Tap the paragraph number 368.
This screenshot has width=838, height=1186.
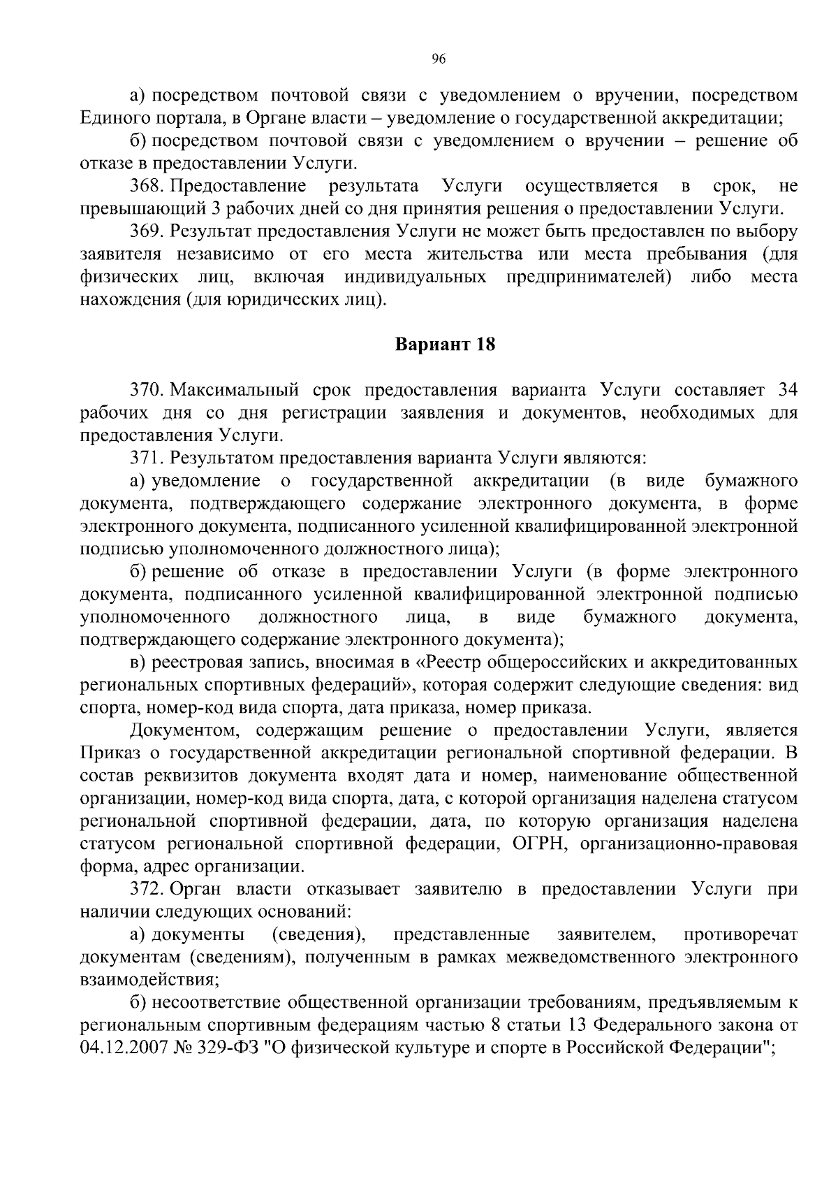(146, 186)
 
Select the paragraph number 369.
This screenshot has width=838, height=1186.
(146, 231)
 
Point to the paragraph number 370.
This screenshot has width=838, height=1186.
(146, 390)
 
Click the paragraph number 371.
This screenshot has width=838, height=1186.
(146, 458)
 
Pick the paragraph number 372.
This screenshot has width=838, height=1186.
(146, 889)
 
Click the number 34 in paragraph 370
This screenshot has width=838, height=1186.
(787, 390)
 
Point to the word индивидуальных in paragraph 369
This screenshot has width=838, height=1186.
(416, 277)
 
